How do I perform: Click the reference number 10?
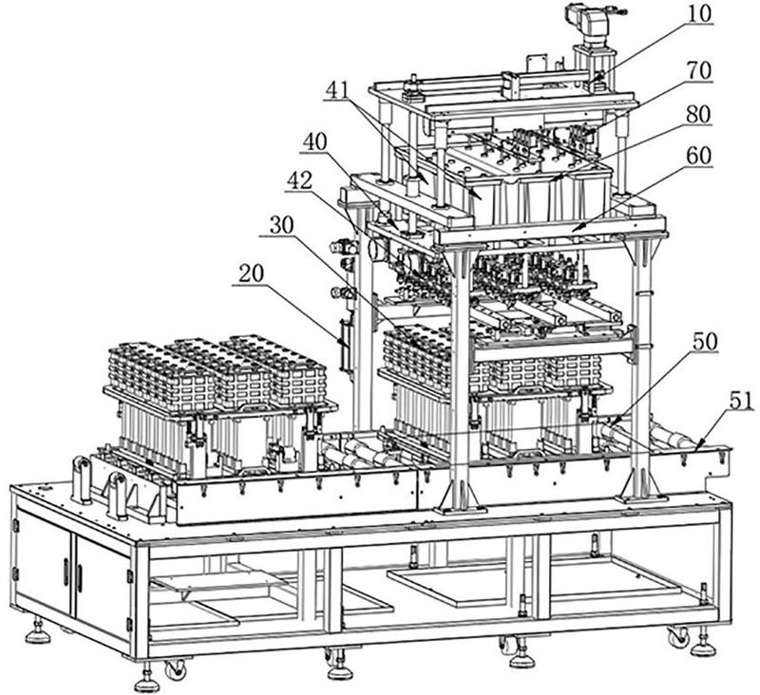[x=697, y=13]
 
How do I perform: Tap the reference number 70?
[x=697, y=70]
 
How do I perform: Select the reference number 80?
[x=697, y=114]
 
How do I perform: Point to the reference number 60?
[x=697, y=156]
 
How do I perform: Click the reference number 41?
[x=339, y=88]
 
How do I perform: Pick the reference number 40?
[x=315, y=141]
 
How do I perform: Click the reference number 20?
[x=252, y=274]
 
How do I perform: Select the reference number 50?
[x=705, y=342]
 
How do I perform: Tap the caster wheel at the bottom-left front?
[x=175, y=668]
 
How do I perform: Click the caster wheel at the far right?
[x=678, y=636]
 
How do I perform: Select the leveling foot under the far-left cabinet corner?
[x=37, y=631]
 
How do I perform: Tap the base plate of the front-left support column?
[x=461, y=510]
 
